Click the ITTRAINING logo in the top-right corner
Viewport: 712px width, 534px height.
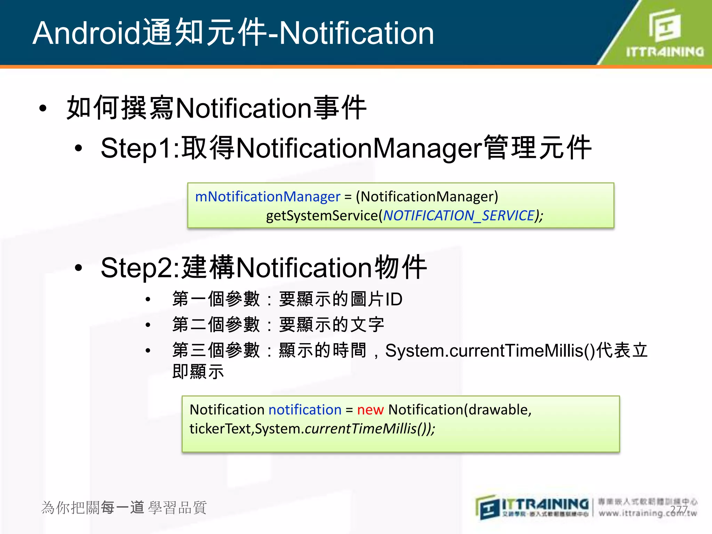[664, 33]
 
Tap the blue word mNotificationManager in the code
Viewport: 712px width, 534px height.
[267, 197]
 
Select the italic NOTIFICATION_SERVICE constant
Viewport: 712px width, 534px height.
[459, 216]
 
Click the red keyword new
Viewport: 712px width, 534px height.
[370, 410]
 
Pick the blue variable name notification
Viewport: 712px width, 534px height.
[305, 410]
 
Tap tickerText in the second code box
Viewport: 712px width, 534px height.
[220, 429]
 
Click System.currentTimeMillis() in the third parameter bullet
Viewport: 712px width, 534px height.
[490, 350]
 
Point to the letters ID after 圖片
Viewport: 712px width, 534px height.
[394, 299]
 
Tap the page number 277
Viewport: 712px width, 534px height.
[679, 510]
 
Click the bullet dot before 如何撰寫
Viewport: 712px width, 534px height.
[43, 108]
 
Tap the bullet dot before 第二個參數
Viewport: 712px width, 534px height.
[148, 325]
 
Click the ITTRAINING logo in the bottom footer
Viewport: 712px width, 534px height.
[532, 507]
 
